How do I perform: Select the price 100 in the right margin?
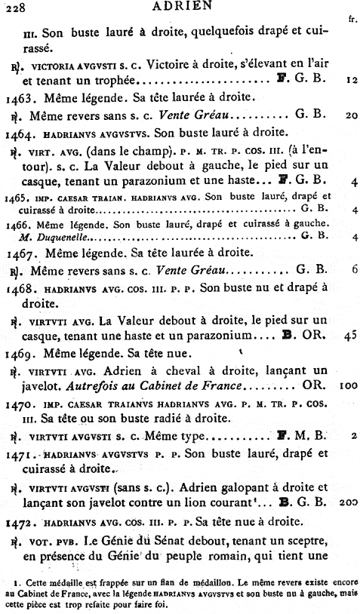pos(347,385)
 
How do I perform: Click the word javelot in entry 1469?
pos(43,385)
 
